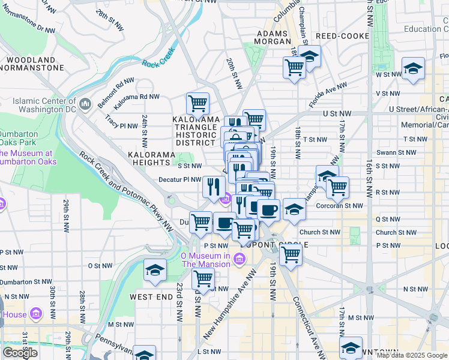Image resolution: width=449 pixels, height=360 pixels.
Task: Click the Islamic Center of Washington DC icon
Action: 85,104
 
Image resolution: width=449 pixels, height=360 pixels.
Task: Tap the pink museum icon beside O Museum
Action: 239,259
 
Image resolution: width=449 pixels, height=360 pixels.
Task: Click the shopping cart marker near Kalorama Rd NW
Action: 197,104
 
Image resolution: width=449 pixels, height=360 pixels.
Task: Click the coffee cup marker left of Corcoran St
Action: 268,209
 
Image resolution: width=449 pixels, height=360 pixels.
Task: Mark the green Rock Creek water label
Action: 158,57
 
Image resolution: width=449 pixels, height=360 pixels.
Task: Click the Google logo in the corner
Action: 19,353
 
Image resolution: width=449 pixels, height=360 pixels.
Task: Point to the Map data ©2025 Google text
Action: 411,355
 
